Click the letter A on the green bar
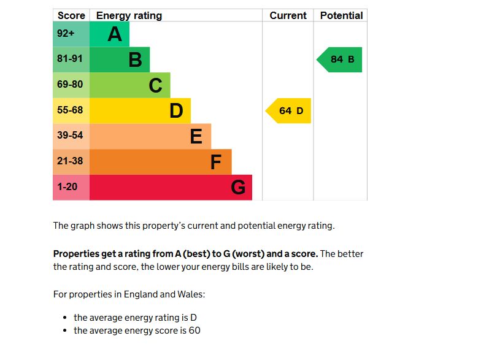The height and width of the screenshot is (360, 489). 115,34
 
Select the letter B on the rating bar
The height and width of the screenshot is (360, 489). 135,60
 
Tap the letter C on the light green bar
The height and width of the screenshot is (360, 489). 156,85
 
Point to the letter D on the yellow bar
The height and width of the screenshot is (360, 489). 176,111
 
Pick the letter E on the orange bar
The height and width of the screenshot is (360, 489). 196,136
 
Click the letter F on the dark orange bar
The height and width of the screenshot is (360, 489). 216,162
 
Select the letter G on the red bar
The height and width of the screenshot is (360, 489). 238,187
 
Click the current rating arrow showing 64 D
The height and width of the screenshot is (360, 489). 289,111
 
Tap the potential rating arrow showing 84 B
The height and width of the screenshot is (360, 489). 340,59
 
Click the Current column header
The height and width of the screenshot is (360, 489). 288,16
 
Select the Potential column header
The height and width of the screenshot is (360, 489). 341,16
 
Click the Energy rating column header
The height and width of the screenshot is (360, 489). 129,16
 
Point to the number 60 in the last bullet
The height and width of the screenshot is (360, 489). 194,331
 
